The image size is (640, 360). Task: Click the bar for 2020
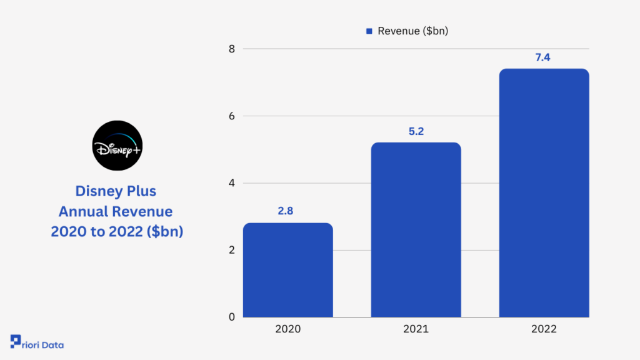pos(287,270)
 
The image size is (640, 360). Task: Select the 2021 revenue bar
pos(416,230)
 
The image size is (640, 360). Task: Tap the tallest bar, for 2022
pos(544,192)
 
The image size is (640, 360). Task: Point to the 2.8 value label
pos(285,211)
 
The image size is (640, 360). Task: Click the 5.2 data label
pos(416,131)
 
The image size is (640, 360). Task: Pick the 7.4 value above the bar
pos(542,57)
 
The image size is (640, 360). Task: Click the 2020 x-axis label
pos(287,329)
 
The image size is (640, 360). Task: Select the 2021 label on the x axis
pos(416,329)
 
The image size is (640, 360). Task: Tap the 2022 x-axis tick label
pos(544,329)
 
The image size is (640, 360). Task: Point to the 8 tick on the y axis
pos(232,49)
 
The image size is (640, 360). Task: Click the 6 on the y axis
pos(232,116)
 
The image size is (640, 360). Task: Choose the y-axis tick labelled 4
pos(232,183)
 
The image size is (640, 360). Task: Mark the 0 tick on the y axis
pos(232,317)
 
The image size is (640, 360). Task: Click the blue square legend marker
pos(369,31)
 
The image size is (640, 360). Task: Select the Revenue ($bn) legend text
pos(412,31)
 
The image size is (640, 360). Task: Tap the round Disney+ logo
pos(117,145)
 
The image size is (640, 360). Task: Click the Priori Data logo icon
pos(16,341)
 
